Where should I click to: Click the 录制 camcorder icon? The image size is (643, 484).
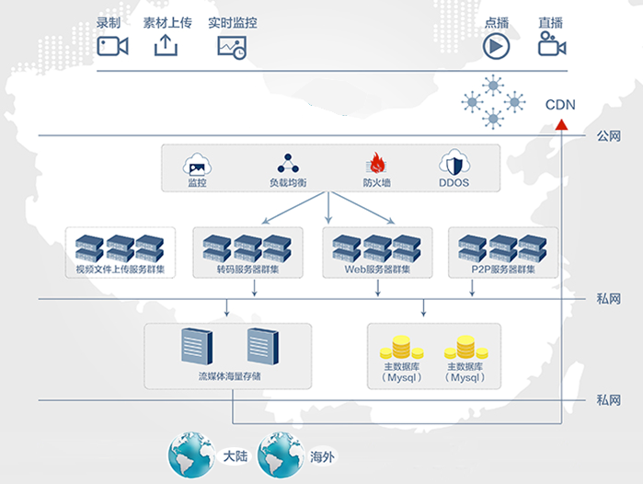[112, 45]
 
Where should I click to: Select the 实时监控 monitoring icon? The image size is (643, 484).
[231, 46]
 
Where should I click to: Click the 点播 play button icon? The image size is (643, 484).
[497, 45]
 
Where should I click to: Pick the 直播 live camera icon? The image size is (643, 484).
[551, 45]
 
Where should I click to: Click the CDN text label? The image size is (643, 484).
[560, 104]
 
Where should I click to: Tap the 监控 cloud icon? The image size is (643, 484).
[197, 164]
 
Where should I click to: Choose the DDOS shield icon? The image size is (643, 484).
[454, 164]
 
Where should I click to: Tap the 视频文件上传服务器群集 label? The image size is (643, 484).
[121, 270]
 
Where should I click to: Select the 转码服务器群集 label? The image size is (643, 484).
[248, 270]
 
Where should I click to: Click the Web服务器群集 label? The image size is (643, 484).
[377, 270]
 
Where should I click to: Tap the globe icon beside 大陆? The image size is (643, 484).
[191, 455]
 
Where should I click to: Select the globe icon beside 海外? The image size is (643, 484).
[281, 455]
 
